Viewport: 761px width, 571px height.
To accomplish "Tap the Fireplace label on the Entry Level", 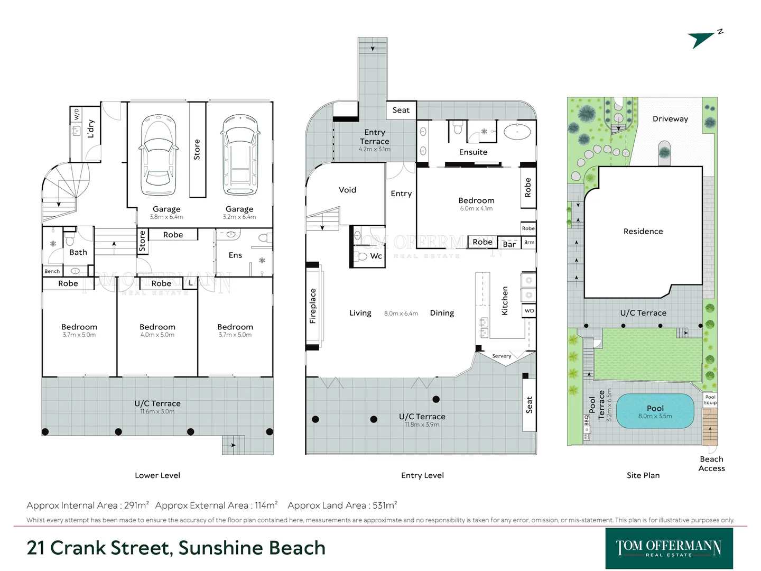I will tap(313, 306).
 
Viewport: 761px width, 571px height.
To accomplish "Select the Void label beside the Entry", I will tap(347, 190).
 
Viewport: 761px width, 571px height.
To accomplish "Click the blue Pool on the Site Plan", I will tap(655, 411).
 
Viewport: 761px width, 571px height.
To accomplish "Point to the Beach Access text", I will tap(711, 464).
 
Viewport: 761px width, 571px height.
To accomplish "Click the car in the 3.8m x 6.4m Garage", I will tap(158, 155).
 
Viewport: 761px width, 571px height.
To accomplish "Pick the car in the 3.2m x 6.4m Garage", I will tap(241, 155).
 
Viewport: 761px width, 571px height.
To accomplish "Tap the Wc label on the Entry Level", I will tap(376, 256).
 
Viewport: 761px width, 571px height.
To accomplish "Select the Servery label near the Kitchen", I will tap(502, 356).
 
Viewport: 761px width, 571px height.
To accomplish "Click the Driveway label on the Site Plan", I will tap(670, 119).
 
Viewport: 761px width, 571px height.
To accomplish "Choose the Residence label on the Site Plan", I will tap(643, 231).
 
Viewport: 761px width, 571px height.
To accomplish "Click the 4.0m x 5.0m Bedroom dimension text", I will tap(157, 335).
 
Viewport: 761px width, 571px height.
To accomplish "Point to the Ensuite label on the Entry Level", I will tap(473, 152).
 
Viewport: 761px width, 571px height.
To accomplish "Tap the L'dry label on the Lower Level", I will tap(91, 128).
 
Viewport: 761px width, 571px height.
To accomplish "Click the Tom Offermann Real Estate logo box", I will tap(669, 548).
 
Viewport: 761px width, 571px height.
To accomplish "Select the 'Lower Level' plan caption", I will tap(157, 475).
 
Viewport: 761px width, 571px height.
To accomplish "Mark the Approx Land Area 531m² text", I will tap(342, 505).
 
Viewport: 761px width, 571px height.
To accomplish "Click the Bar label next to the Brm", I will tap(509, 244).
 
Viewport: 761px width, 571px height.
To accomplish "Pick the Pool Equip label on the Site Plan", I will tap(710, 400).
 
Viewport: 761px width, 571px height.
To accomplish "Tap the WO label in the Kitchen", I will tap(529, 311).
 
